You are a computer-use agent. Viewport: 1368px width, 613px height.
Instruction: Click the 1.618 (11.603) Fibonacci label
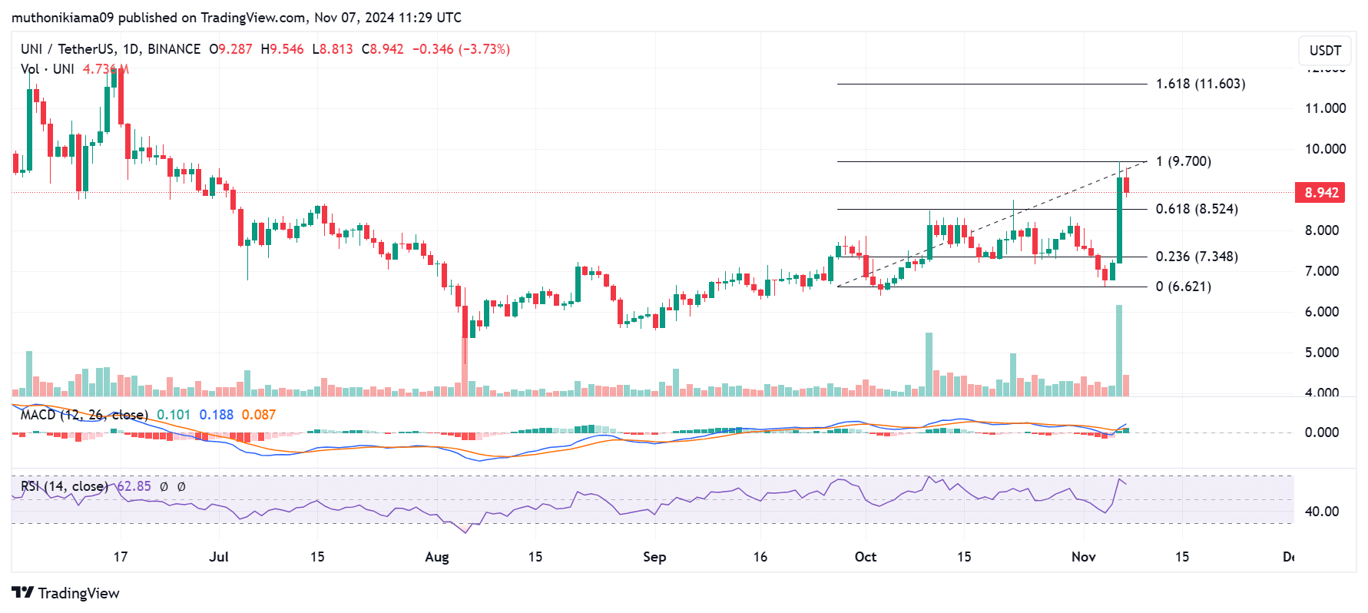click(1200, 84)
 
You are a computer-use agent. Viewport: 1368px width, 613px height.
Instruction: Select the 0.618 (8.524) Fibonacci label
click(1196, 209)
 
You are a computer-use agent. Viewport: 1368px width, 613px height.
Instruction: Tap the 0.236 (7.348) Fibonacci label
click(1196, 257)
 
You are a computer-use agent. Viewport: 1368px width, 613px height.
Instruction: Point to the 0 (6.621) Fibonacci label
click(1183, 287)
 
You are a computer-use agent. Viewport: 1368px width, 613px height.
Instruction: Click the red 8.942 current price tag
click(1321, 193)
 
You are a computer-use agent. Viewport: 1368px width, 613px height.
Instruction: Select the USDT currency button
click(1325, 51)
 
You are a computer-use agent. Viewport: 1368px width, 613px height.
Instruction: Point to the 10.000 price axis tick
click(1325, 149)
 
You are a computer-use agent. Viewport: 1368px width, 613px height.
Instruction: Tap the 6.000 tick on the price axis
click(1325, 312)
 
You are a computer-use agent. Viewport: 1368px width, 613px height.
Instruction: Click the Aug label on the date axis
click(436, 557)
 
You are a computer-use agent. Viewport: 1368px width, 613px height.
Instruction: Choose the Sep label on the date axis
click(654, 557)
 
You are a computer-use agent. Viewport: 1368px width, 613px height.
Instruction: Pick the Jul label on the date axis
click(219, 557)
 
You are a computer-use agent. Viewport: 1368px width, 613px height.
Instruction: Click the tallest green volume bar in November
click(1119, 350)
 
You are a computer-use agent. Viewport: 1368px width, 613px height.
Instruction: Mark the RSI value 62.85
click(134, 486)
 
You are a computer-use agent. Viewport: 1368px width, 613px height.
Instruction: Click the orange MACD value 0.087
click(258, 415)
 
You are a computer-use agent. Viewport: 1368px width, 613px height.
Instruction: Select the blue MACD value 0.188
click(216, 415)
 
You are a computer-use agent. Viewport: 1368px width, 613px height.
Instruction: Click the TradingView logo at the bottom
click(66, 593)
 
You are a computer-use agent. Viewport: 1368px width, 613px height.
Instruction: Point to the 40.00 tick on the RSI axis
click(1321, 512)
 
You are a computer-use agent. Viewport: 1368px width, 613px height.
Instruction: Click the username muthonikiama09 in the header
click(62, 17)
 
